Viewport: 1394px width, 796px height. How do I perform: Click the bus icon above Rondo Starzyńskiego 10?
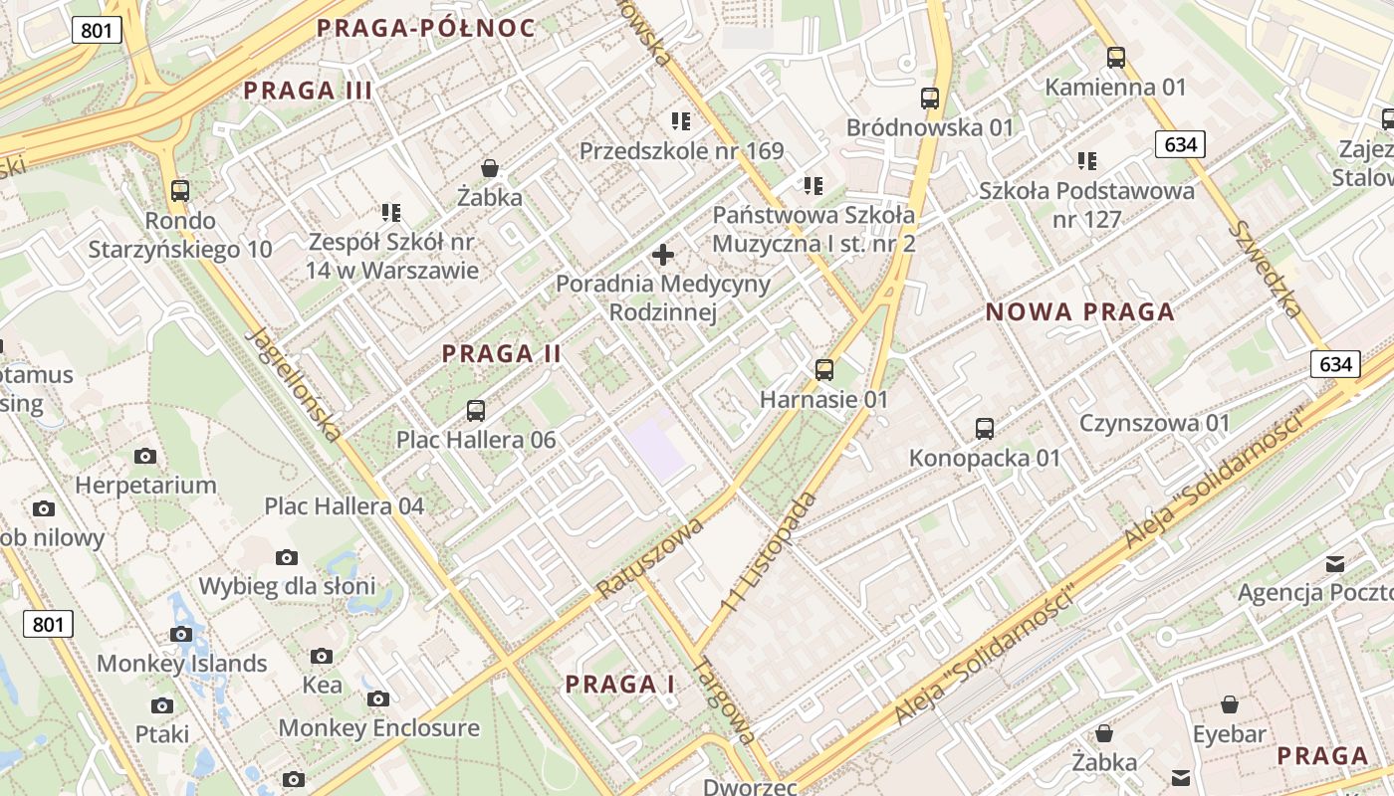(180, 190)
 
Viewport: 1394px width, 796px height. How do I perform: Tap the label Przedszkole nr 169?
(682, 151)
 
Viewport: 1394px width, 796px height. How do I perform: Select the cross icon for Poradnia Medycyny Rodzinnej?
(663, 255)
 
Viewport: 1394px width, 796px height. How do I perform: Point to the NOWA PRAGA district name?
(1080, 312)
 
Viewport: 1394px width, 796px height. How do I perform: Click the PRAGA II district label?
(502, 353)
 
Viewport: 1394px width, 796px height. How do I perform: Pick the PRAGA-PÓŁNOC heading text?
(426, 28)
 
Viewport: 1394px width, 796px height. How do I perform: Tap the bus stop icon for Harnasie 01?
(824, 370)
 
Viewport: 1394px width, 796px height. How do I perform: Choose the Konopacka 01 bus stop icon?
(985, 429)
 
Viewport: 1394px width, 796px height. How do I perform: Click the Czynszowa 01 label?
(1155, 423)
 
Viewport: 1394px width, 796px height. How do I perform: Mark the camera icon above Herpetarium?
(145, 456)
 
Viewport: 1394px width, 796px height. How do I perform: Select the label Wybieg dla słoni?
(287, 585)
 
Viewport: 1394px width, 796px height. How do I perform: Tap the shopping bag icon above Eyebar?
(1230, 704)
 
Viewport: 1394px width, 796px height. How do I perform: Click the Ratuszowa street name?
(651, 558)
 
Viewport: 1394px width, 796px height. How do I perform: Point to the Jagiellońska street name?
(295, 384)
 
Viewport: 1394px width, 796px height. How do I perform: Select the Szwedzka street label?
(1265, 269)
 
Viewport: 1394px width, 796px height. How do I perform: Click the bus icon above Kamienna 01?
(1116, 58)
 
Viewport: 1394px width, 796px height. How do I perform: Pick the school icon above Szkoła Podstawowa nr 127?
(1087, 160)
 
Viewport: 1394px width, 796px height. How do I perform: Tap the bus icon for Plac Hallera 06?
(476, 410)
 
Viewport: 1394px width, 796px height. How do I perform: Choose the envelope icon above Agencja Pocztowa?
(1335, 564)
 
